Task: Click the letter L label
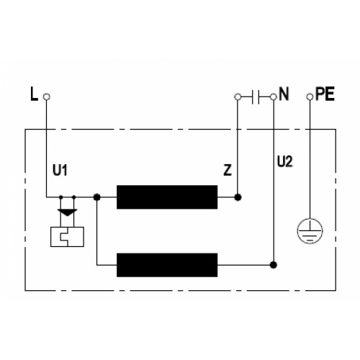pos(34,94)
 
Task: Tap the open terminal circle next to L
pos(47,96)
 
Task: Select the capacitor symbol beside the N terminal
pos(256,97)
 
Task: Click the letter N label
pos(284,94)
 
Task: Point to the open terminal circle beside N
pos(274,97)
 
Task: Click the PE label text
pos(325,94)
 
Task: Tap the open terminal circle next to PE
pos(310,97)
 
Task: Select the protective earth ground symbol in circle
pos(310,231)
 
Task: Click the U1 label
pos(60,170)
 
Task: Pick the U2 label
pos(285,161)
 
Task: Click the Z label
pos(228,170)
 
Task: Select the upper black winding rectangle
pos(167,197)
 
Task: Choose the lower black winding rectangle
pos(167,265)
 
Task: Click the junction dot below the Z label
pos(238,197)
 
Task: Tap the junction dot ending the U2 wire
pos(274,265)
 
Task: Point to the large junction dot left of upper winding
pos(96,197)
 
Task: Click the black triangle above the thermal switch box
pos(68,212)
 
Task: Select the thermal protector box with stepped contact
pos(67,237)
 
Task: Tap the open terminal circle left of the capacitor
pos(238,97)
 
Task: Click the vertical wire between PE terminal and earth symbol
pos(310,159)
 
